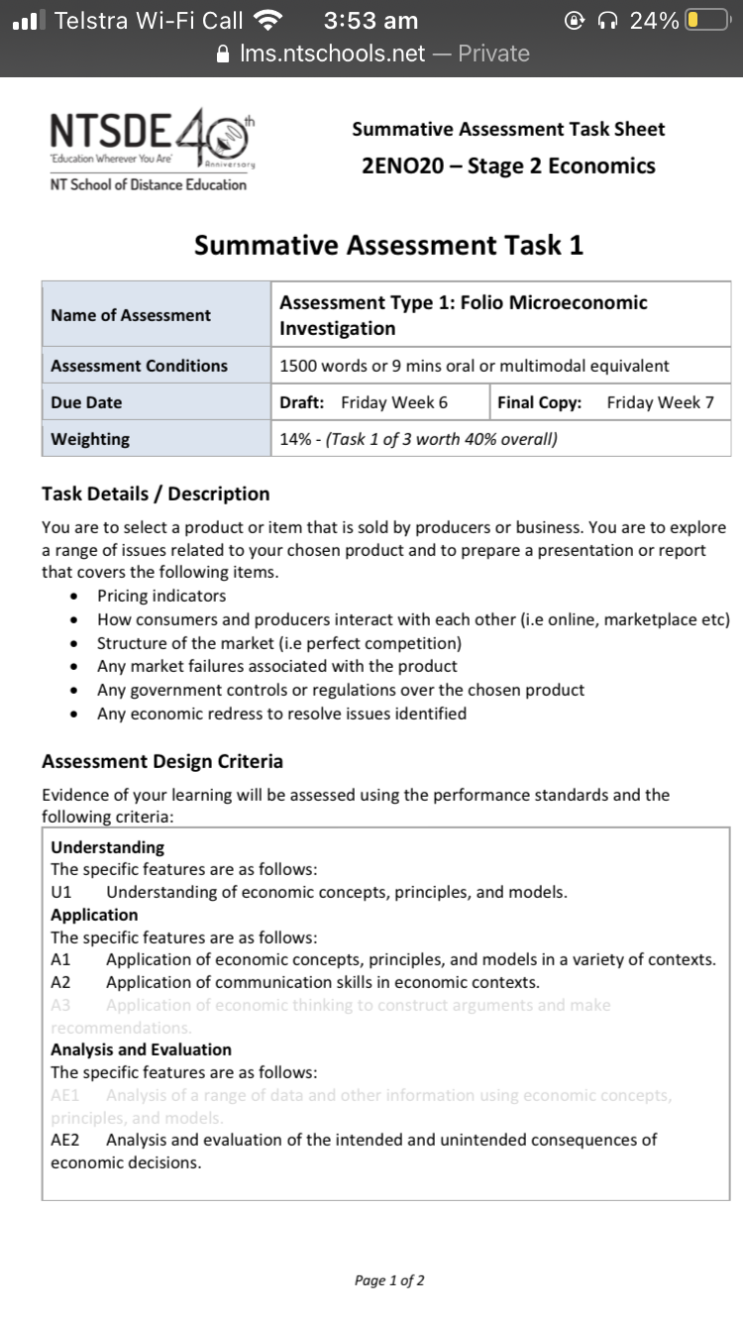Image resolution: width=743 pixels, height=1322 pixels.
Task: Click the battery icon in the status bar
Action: point(706,21)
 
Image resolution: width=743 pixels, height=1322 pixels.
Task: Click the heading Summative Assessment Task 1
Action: point(388,245)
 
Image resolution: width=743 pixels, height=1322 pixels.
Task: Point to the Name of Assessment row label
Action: point(131,315)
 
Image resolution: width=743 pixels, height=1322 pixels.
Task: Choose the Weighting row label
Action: point(90,439)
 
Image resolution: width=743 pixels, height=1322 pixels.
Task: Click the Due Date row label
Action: point(86,402)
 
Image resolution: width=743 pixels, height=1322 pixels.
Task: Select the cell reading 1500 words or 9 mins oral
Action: point(474,366)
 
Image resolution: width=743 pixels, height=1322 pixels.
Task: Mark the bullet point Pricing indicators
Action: point(161,596)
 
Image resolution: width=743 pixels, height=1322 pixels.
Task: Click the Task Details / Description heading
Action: point(156,494)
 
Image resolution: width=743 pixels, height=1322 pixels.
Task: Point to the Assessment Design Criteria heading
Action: point(162,761)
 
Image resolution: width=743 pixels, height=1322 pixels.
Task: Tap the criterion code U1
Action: point(61,892)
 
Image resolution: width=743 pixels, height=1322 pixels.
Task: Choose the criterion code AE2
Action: point(64,1140)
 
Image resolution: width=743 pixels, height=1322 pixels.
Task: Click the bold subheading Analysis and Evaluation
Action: point(141,1049)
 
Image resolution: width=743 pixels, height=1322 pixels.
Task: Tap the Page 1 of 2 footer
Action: point(389,1280)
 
